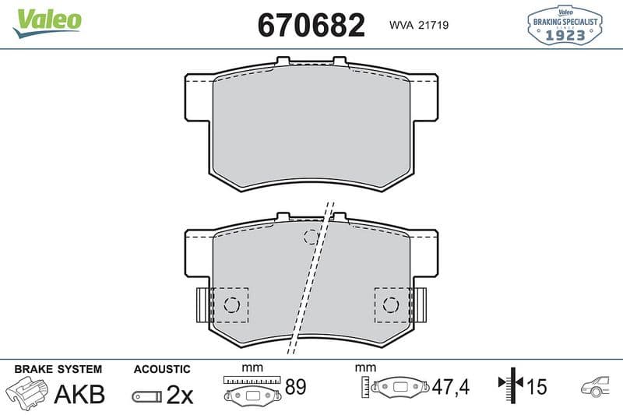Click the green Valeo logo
click(47, 23)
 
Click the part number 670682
click(311, 25)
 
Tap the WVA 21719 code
click(419, 25)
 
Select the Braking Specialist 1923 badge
click(565, 25)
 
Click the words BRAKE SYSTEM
click(58, 369)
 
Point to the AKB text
click(79, 394)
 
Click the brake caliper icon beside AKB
click(26, 392)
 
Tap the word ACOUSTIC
click(162, 369)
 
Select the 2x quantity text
click(180, 395)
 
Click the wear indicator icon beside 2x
click(147, 396)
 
